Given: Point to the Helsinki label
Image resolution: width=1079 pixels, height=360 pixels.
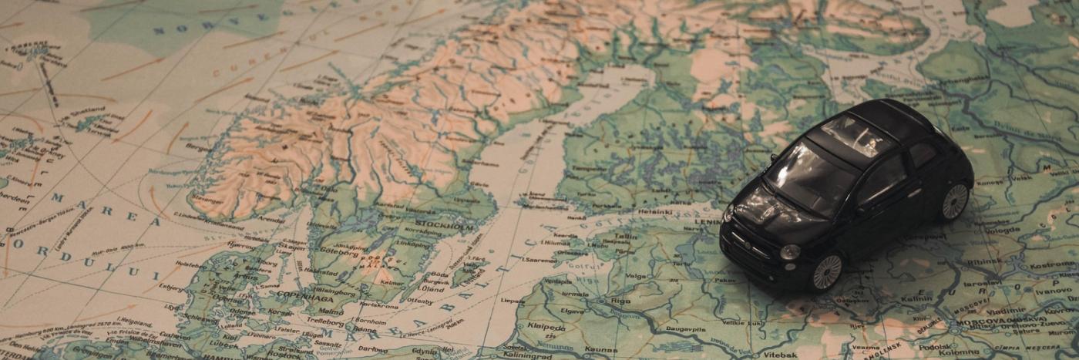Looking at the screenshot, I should (654, 210).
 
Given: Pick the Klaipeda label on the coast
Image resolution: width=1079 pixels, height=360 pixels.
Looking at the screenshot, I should (547, 327).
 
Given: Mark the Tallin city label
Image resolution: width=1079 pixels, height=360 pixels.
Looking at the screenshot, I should (626, 237).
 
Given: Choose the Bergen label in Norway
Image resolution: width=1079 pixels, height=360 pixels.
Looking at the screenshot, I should (199, 144).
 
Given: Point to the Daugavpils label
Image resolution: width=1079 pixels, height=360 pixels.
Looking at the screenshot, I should (686, 328).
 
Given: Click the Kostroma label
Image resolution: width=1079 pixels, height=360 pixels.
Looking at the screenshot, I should (1053, 264).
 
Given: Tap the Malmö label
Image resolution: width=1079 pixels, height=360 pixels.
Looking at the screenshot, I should (331, 311).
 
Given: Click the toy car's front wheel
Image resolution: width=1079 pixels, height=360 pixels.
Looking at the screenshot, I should (827, 272).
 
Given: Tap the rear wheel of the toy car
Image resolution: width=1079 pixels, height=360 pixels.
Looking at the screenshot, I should (954, 202).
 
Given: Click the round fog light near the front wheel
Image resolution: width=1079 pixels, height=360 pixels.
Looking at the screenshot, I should (789, 251).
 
